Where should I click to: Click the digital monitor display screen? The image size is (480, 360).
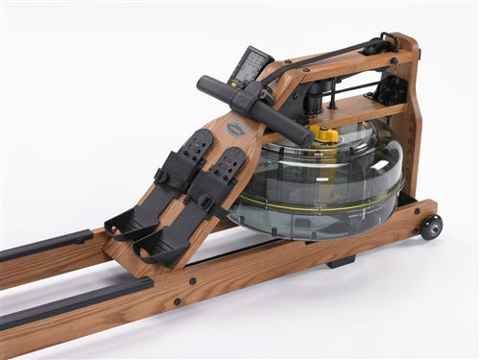(x=252, y=65)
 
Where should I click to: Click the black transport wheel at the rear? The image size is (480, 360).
(x=431, y=227)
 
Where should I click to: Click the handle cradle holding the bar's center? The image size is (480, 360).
(x=252, y=100)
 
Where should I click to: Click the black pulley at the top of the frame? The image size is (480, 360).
(x=375, y=45)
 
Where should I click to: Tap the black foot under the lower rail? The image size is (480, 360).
(x=339, y=261)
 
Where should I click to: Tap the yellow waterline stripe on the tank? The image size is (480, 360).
(x=317, y=204)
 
